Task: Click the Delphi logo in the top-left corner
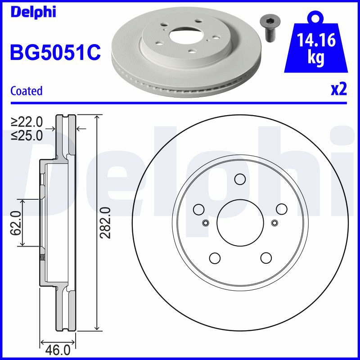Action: click(33, 12)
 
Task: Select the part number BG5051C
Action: click(55, 52)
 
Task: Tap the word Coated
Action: click(27, 91)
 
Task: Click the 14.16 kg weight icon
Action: click(316, 42)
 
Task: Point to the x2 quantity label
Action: click(339, 90)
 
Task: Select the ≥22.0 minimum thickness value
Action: click(27, 122)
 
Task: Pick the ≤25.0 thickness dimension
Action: click(27, 135)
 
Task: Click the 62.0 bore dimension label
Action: click(16, 223)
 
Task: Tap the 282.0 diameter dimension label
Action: click(105, 223)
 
